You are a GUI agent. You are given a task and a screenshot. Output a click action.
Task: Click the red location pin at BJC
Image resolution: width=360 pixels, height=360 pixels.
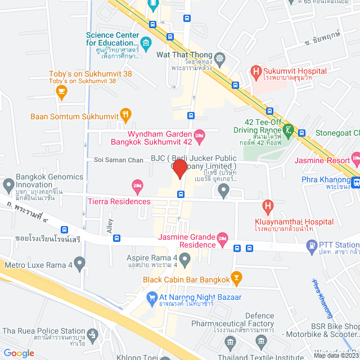coord(179,169)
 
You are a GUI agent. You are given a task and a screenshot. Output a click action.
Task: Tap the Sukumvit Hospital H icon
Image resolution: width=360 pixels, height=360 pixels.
coord(256,71)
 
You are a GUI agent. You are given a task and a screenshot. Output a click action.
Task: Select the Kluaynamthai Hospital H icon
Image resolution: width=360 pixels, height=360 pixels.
coord(268,206)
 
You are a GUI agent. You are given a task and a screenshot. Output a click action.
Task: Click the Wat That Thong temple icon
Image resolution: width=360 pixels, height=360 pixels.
coord(219,57)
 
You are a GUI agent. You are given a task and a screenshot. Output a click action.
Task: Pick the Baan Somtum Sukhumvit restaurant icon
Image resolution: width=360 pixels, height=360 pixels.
coord(125,116)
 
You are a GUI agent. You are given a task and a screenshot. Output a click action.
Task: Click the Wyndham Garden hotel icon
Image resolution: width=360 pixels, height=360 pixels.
coord(199,135)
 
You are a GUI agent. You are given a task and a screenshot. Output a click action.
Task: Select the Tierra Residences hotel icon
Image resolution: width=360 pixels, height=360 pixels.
coord(137,185)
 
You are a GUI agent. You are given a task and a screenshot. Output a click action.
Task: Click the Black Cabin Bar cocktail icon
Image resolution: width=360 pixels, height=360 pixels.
coord(237,277)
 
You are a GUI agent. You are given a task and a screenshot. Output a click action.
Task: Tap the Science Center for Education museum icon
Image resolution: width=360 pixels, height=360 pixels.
coord(146,43)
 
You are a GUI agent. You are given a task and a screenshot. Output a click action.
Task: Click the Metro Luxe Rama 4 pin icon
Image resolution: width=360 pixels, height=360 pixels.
coord(79,262)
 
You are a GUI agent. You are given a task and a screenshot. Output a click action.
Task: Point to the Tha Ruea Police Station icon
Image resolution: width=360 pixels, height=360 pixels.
coord(92,334)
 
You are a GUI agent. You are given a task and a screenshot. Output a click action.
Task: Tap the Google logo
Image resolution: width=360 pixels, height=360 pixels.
coord(19,353)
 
